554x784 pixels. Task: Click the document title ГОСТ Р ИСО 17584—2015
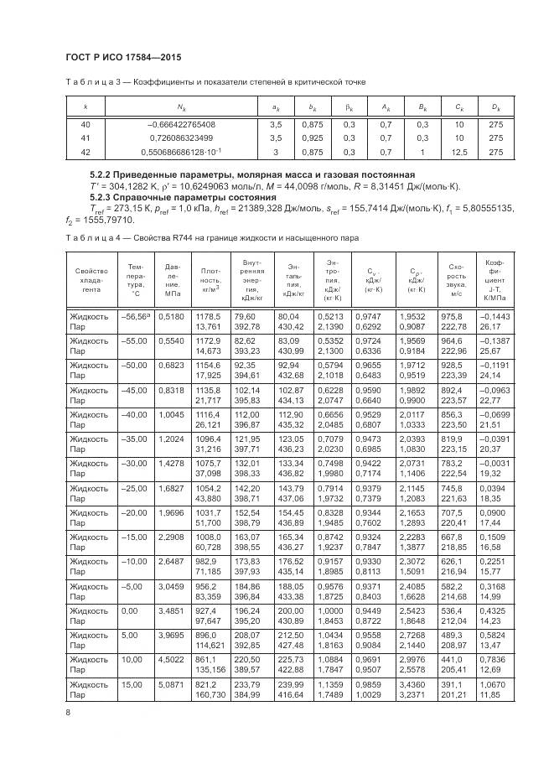[123, 58]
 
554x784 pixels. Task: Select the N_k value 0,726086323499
[181, 138]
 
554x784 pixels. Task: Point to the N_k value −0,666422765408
[181, 124]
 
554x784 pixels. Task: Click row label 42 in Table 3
[85, 152]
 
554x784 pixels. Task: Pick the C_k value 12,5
[458, 152]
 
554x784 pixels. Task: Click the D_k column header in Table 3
[495, 108]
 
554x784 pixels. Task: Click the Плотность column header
[210, 281]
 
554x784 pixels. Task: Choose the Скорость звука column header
[456, 281]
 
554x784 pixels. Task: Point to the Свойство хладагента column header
[91, 281]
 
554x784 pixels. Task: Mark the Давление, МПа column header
[172, 281]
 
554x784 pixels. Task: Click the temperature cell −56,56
[135, 316]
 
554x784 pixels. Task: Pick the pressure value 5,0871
[172, 684]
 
